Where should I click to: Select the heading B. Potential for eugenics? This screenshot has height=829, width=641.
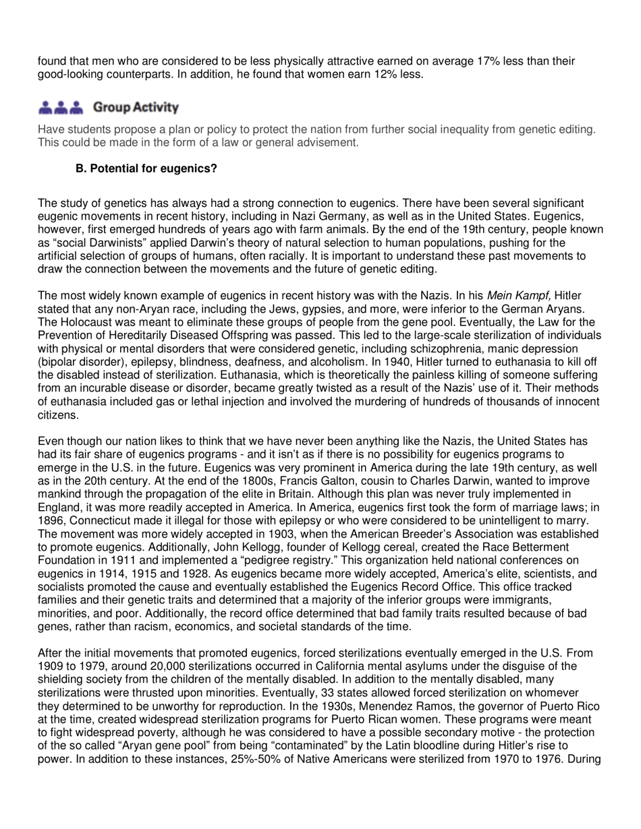coord(146,168)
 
